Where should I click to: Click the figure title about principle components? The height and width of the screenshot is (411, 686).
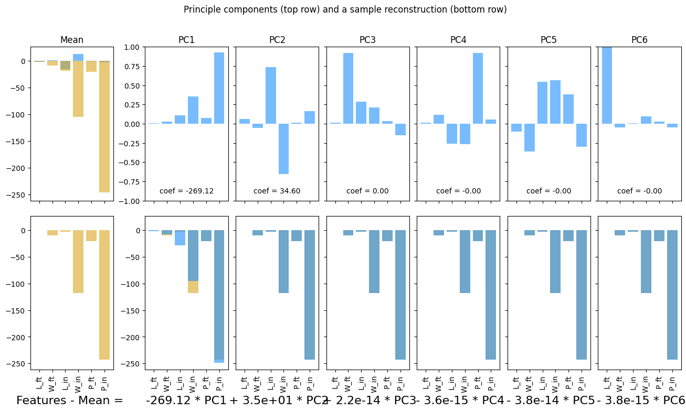(x=345, y=10)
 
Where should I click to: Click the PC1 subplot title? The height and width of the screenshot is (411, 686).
(x=187, y=40)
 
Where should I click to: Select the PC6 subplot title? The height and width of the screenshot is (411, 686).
(x=639, y=40)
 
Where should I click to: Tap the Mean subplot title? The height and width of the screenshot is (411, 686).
(x=72, y=40)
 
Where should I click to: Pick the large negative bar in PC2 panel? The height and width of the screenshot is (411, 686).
(x=283, y=149)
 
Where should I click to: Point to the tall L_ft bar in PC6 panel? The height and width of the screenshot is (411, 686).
(x=607, y=85)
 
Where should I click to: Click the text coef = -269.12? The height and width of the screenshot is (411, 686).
(x=187, y=191)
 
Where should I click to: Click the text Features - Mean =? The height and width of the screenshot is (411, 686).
(x=70, y=401)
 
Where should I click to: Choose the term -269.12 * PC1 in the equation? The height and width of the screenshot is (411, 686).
(x=186, y=401)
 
